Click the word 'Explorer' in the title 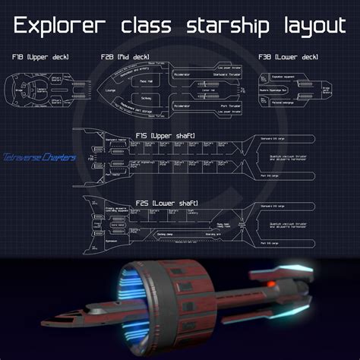coord(64,27)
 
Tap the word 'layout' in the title coord(306,27)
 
